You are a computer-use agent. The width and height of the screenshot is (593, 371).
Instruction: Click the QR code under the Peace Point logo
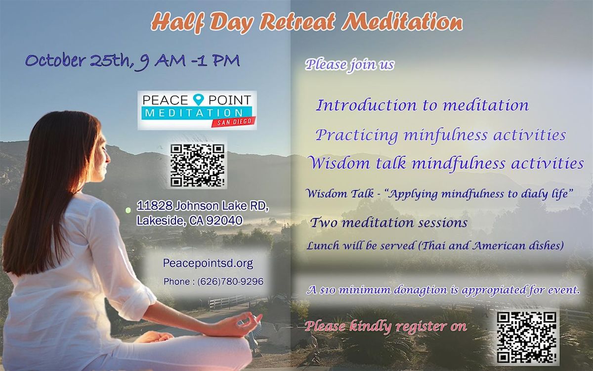click(198, 165)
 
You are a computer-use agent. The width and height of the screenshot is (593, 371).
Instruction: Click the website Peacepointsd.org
click(208, 264)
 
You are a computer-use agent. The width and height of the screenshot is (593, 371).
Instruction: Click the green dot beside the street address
click(128, 210)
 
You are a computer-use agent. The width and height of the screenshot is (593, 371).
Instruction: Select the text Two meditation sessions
click(388, 223)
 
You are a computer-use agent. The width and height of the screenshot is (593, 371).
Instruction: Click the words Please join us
click(350, 65)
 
